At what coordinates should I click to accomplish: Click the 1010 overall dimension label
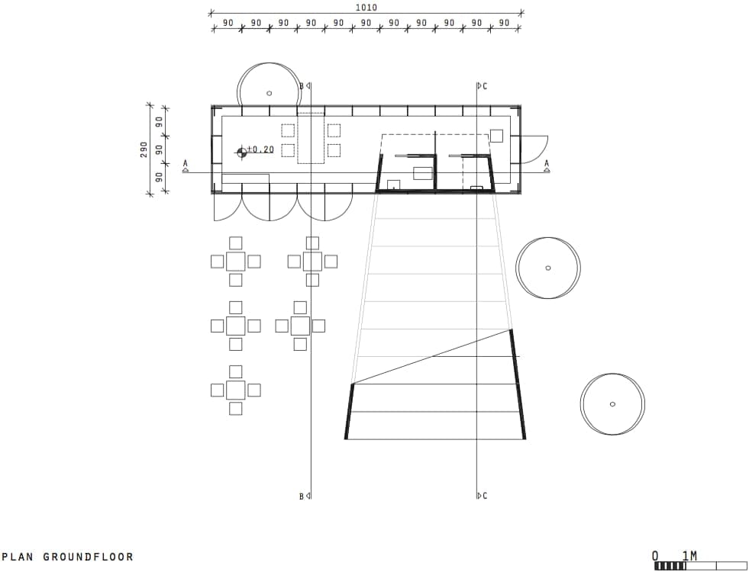click(x=366, y=7)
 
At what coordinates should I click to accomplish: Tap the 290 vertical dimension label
click(x=144, y=149)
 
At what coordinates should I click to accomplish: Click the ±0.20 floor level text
click(x=261, y=149)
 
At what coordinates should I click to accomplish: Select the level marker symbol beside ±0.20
click(x=242, y=153)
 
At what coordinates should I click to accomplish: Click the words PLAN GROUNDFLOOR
click(x=68, y=556)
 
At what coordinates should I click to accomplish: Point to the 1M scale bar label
click(x=689, y=556)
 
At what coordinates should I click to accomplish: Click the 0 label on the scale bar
click(x=655, y=556)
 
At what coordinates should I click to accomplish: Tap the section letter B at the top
click(x=302, y=86)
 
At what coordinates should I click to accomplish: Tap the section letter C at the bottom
click(x=485, y=496)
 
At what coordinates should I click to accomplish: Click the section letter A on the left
click(x=186, y=164)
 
